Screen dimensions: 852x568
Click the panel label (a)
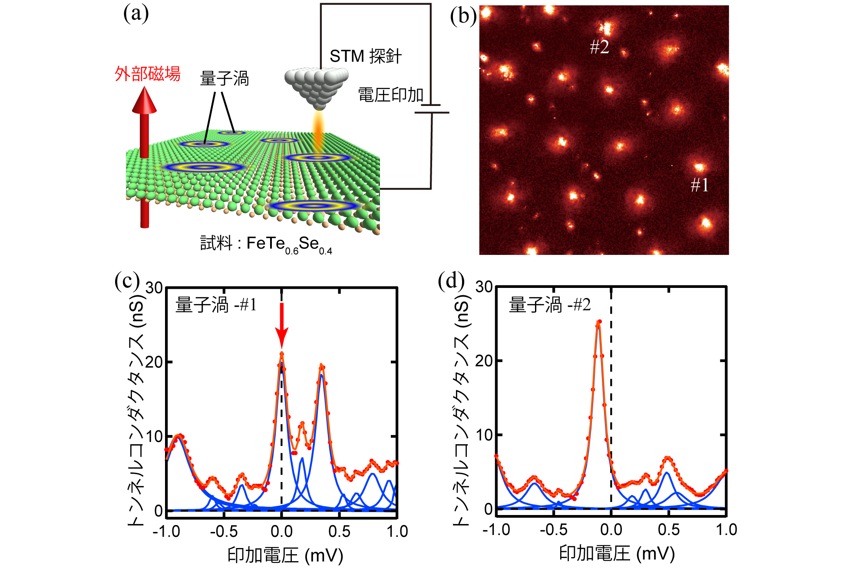coord(136,14)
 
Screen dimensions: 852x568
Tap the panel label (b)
coord(463,17)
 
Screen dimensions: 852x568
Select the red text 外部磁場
coord(148,74)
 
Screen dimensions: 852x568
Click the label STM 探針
coord(366,56)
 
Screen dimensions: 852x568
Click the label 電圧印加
coord(390,95)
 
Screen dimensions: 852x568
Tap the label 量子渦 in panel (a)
coord(224,79)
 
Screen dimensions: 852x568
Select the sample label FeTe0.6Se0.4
coord(266,244)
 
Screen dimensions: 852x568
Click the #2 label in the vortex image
coord(599,47)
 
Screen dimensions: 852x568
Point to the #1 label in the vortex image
coord(700,185)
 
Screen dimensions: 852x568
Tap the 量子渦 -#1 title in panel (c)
coord(216,305)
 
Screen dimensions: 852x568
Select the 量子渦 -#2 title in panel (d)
coord(550,305)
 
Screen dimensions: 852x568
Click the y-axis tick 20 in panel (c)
coord(154,362)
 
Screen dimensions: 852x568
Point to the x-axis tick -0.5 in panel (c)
coord(224,532)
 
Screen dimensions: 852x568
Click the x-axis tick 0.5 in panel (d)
coord(669,530)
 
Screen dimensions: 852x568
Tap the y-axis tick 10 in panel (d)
coord(484,435)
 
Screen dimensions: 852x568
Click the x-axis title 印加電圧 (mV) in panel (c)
coord(285,555)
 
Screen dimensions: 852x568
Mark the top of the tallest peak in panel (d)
coord(599,322)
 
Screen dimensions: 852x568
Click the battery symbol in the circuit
coord(432,109)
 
